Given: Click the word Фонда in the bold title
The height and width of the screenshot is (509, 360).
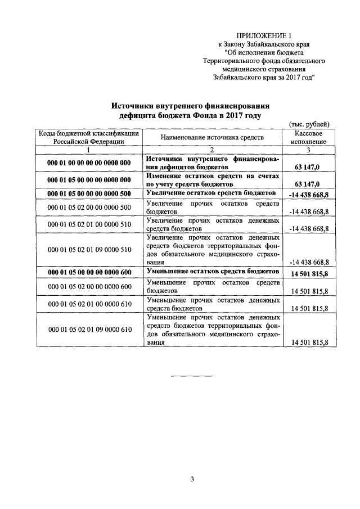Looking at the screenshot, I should point(202,115).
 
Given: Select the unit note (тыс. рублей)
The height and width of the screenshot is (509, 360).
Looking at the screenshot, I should point(309,124).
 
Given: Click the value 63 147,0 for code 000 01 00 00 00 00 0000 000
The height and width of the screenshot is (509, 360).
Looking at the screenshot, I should point(308,168).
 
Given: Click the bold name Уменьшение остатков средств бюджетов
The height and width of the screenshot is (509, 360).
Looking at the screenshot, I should point(212,271).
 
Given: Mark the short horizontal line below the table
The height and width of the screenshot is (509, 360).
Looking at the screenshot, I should point(192,375).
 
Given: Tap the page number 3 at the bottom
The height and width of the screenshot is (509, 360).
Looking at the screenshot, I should point(192,479).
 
